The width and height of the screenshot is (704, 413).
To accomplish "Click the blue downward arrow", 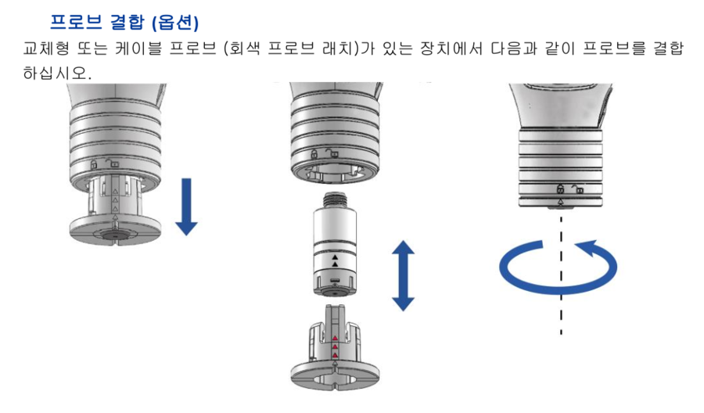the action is [x=186, y=206].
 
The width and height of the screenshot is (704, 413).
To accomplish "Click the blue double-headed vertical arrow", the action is [x=403, y=275].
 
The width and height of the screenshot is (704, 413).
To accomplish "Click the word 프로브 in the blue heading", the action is [x=76, y=22].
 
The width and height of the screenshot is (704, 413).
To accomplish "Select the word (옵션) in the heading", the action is [x=175, y=22].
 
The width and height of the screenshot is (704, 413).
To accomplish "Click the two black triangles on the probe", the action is [x=335, y=260].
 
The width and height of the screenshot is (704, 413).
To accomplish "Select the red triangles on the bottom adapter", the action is [x=335, y=347].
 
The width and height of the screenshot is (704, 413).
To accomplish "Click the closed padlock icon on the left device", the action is [x=93, y=163].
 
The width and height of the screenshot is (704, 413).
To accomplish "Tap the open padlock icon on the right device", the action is [x=577, y=189].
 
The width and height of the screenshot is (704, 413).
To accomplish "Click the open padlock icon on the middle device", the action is [x=332, y=153].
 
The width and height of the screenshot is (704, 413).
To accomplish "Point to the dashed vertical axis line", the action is [x=561, y=275].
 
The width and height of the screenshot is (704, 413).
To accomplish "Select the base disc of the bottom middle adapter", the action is [x=335, y=376].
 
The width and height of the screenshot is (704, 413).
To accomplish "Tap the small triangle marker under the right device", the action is [x=560, y=203].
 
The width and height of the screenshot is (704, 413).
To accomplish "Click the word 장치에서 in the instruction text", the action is [x=451, y=48].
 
